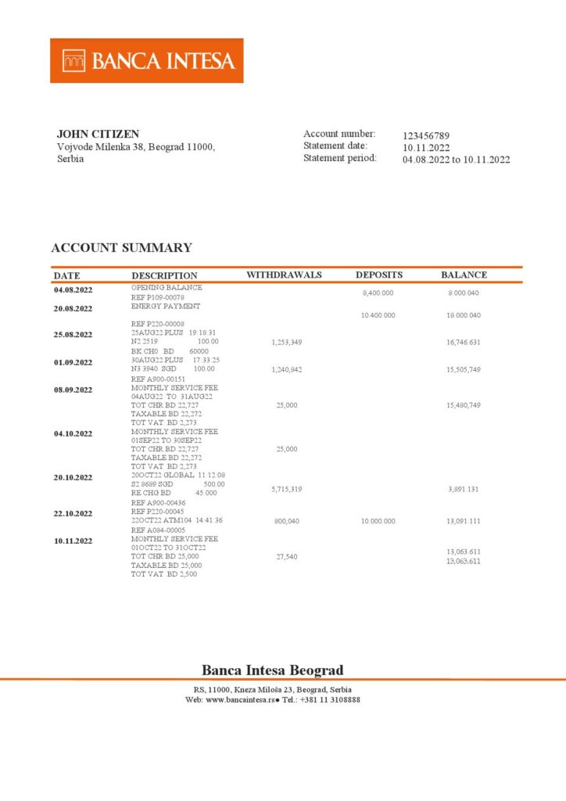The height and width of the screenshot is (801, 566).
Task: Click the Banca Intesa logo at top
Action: [147, 60]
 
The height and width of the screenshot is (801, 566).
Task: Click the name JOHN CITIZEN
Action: [98, 135]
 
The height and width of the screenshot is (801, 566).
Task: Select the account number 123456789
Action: [426, 136]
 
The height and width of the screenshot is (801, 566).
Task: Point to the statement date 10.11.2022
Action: [426, 148]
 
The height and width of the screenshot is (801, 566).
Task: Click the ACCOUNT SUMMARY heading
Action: [121, 248]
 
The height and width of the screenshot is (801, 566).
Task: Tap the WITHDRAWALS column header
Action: [284, 275]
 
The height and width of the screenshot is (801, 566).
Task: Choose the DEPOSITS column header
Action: [379, 275]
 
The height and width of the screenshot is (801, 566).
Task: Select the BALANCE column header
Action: [464, 275]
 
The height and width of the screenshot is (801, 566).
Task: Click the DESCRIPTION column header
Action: [164, 275]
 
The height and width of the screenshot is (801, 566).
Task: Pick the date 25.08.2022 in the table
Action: [73, 335]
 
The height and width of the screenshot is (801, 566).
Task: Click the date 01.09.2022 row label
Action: [73, 362]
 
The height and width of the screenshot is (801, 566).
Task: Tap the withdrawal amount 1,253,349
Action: [287, 343]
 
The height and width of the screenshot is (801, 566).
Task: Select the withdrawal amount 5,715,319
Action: [287, 489]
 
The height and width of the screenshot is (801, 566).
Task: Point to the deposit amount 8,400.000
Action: [378, 293]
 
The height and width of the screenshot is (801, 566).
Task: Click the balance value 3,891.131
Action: [464, 489]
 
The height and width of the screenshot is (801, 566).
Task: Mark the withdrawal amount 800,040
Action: [287, 521]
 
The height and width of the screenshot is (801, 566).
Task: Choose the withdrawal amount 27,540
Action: [287, 557]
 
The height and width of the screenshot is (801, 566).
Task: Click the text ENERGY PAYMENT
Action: [166, 307]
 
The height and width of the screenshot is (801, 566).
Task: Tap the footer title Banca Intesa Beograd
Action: [272, 670]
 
